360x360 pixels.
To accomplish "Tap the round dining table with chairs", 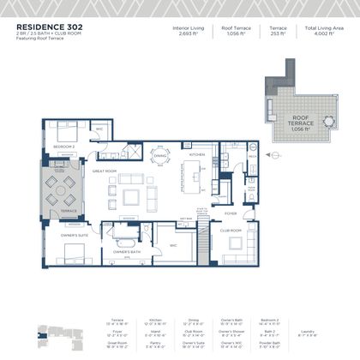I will tap(158, 155).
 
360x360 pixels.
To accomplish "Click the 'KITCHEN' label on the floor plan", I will tap(198, 153).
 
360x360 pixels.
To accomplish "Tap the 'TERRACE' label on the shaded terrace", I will tap(68, 211).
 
